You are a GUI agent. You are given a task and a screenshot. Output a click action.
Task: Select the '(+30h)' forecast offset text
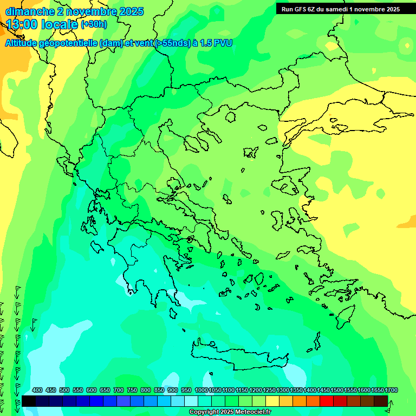(x=94, y=24)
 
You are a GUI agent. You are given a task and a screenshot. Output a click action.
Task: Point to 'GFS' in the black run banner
(x=305, y=9)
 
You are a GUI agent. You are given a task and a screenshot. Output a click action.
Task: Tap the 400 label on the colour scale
(x=37, y=391)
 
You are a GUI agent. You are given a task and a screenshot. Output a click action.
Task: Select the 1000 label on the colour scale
(x=201, y=391)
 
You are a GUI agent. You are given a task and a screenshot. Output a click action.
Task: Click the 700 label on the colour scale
(x=119, y=391)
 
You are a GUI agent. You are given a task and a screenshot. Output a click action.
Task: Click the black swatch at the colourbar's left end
(x=29, y=401)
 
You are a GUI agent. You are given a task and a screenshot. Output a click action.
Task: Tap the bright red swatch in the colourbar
(x=327, y=401)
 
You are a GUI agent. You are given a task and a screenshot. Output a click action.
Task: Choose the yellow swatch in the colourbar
(x=272, y=401)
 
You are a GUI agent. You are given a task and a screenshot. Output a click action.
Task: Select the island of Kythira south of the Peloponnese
(x=173, y=313)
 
